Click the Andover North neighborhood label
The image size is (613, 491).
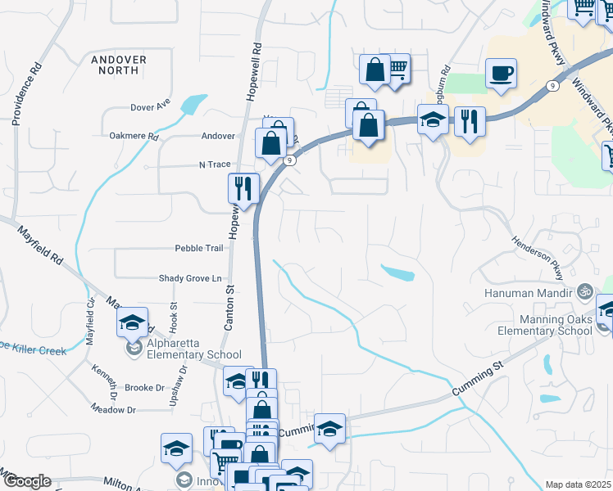tap(119, 65)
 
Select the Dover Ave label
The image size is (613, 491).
tap(150, 106)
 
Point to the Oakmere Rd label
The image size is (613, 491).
tap(134, 136)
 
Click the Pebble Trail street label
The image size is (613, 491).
tap(198, 248)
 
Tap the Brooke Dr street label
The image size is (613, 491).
tap(144, 387)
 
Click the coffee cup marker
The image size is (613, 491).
tap(501, 74)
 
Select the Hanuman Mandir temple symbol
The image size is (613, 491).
tap(584, 290)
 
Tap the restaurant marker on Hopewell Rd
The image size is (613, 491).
tap(243, 189)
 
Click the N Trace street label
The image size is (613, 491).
tap(215, 164)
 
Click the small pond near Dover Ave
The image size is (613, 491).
tap(193, 105)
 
